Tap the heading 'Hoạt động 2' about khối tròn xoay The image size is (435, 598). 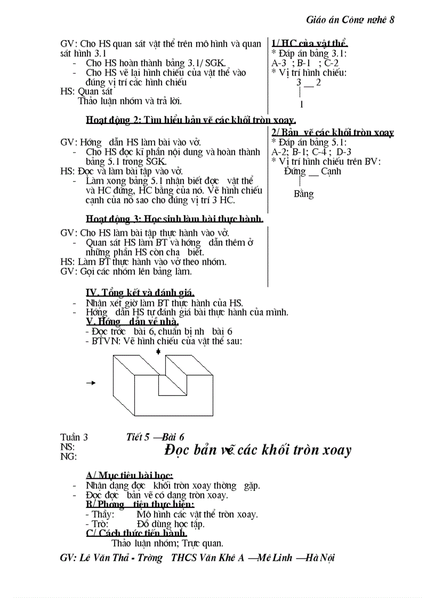pos(191,120)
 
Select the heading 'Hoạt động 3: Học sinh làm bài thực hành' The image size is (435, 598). pos(174,219)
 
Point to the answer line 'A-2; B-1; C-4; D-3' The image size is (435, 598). pos(311,152)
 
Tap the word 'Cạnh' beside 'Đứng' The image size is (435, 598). pos(331,171)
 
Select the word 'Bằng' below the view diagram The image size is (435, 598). pos(304,194)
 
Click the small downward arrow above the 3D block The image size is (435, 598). pos(158,351)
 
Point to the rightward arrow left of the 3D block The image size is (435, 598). pos(91,382)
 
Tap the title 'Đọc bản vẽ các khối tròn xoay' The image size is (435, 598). pos(258,450)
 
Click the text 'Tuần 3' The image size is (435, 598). pos(74,437)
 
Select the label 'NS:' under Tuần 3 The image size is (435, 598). pos(68,447)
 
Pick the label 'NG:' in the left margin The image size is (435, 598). pos(68,456)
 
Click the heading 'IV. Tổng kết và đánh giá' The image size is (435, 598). pos(140,293)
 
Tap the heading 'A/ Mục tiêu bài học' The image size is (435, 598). pos(129,476)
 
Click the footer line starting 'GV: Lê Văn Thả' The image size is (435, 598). pos(198,558)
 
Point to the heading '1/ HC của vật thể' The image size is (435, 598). pos(310,44)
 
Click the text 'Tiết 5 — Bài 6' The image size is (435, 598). pos(155,437)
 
